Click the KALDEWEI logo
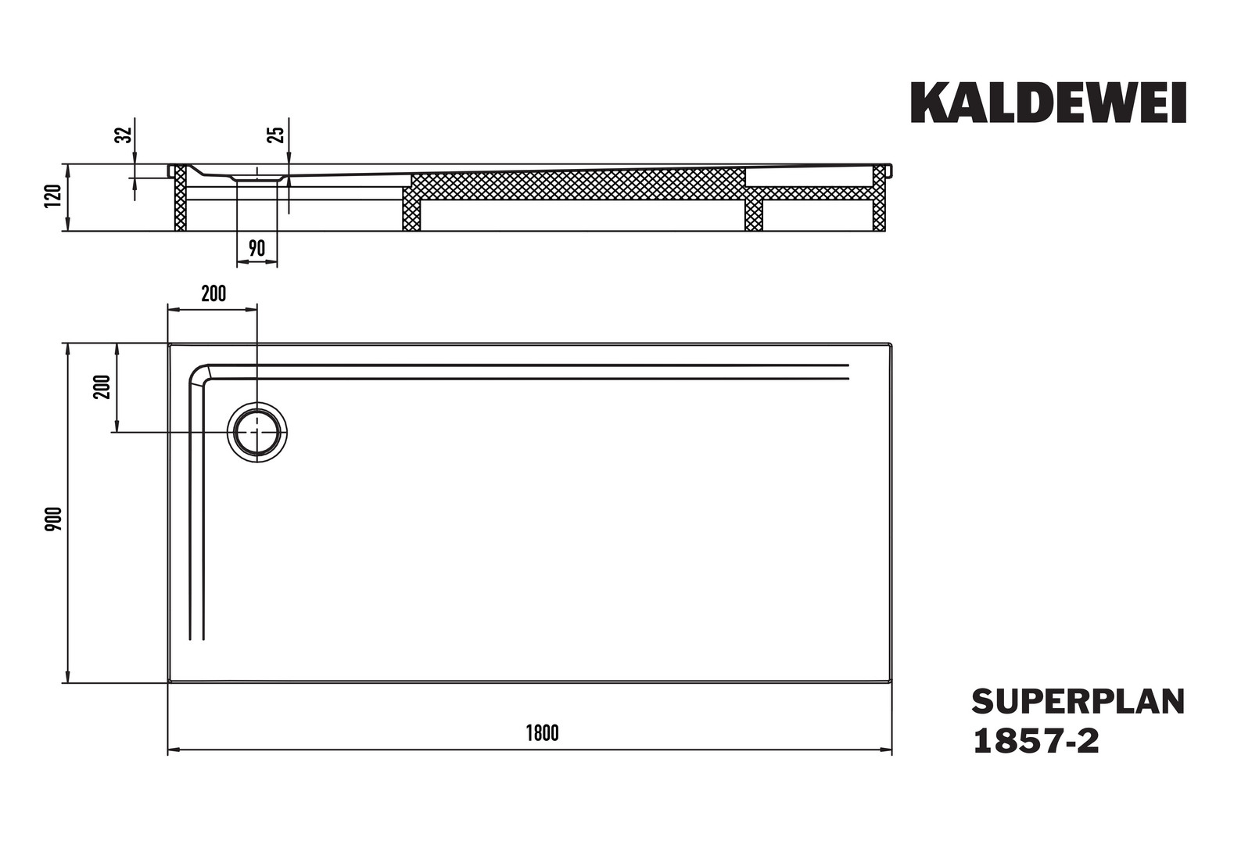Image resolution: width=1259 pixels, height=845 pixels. pos(1048,102)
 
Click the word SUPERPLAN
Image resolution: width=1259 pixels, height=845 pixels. pos(1078,702)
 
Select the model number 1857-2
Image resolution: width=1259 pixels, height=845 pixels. pos(1036,741)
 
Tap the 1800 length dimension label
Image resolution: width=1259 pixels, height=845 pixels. pos(543,733)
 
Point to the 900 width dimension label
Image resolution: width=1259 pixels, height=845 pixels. pos(53,519)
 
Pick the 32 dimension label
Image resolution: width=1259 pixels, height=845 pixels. pos(123,135)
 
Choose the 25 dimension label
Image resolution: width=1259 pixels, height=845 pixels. pos(277,135)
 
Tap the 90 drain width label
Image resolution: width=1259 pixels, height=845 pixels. pos(256,248)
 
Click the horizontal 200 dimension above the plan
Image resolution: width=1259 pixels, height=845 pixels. pos(213,293)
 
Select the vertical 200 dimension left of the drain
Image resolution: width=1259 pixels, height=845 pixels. pos(102,387)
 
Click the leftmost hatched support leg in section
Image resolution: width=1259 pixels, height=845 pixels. pos(180,198)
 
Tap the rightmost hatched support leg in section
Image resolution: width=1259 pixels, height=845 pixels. pos(879,198)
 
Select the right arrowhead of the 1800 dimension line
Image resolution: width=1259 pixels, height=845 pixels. pos(886,750)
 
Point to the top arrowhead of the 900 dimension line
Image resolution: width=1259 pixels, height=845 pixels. pos(68,349)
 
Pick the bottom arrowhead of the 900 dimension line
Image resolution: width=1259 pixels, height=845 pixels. pos(68,677)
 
